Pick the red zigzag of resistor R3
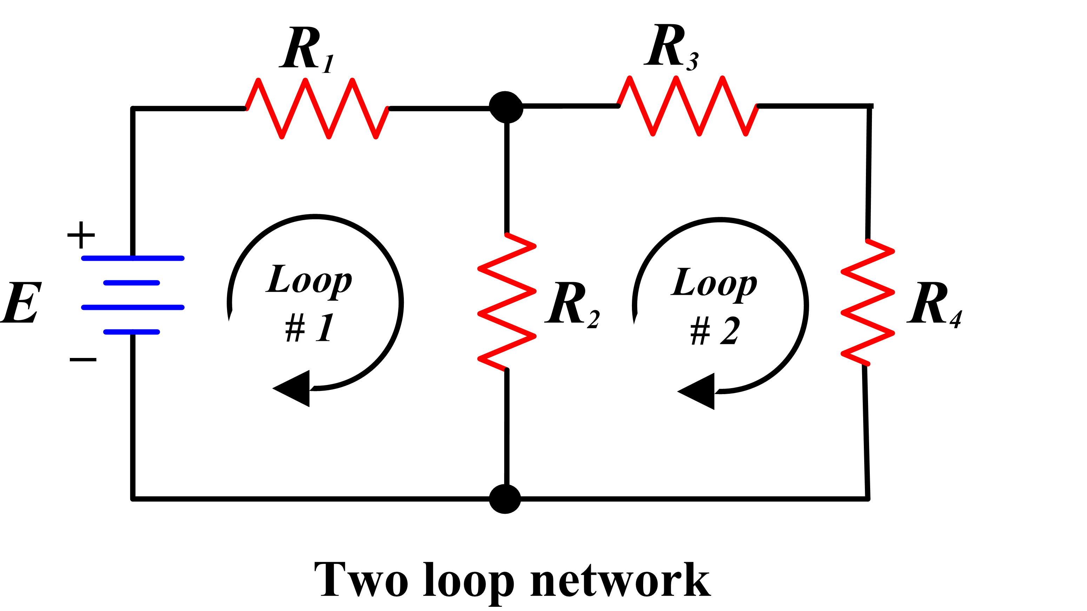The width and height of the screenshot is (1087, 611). click(688, 106)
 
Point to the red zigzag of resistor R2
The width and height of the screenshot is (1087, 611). click(507, 302)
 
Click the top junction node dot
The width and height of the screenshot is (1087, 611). click(506, 107)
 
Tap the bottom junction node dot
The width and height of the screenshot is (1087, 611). click(505, 499)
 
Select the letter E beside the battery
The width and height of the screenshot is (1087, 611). click(21, 303)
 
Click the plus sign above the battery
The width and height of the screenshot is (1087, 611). click(81, 235)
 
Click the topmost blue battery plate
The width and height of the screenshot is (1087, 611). click(133, 258)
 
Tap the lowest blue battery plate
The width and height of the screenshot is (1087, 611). click(132, 332)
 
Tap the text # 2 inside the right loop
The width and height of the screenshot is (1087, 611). click(715, 332)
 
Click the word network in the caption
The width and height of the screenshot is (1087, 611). click(620, 580)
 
